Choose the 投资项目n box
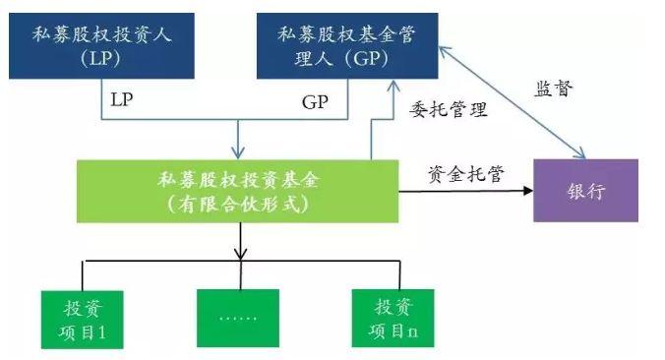click(393, 318)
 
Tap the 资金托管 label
click(466, 174)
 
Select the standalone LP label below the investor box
click(122, 101)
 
